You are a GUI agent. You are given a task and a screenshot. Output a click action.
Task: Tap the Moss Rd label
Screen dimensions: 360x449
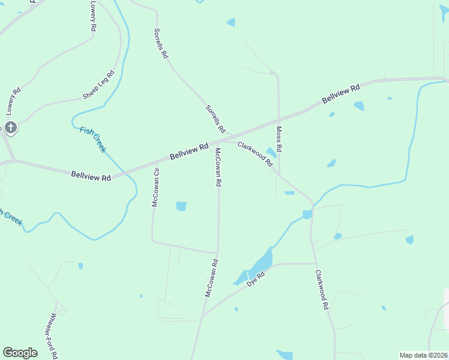[x=279, y=139]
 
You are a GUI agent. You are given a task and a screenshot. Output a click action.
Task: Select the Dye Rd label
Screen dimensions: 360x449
[x=256, y=279]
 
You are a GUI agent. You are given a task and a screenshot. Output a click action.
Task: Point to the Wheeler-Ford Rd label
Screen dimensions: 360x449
[x=53, y=336]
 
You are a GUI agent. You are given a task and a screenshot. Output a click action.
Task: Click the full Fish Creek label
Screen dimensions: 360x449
[x=92, y=139]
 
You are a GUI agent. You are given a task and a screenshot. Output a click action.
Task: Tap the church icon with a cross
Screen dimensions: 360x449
[x=10, y=127]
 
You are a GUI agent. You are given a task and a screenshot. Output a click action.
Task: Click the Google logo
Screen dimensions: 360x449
[x=20, y=353]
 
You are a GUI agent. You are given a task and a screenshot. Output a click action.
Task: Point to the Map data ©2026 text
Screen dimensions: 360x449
[x=424, y=355]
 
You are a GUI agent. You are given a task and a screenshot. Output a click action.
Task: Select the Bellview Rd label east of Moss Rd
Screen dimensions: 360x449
[x=340, y=94]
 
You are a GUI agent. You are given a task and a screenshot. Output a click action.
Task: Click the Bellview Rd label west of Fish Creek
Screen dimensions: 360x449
[x=91, y=177]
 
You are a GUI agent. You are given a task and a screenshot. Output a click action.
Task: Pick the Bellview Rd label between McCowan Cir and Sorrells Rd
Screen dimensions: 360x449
[x=188, y=151]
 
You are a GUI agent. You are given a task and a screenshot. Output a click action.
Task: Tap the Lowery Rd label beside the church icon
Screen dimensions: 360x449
[x=14, y=101]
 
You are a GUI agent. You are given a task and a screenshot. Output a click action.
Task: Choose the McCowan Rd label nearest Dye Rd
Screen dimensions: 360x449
[x=211, y=278]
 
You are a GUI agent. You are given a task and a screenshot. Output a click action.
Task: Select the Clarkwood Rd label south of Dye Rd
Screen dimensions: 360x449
[x=322, y=289]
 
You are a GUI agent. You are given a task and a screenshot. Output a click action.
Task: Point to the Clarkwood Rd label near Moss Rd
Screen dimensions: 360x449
[x=255, y=152]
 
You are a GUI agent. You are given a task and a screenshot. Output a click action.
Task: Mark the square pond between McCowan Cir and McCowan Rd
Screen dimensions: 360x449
[x=181, y=206]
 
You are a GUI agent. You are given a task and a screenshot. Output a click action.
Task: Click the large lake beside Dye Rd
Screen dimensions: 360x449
[x=260, y=264]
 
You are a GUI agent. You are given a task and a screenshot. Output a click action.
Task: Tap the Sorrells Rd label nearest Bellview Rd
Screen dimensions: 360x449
[x=215, y=119]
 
